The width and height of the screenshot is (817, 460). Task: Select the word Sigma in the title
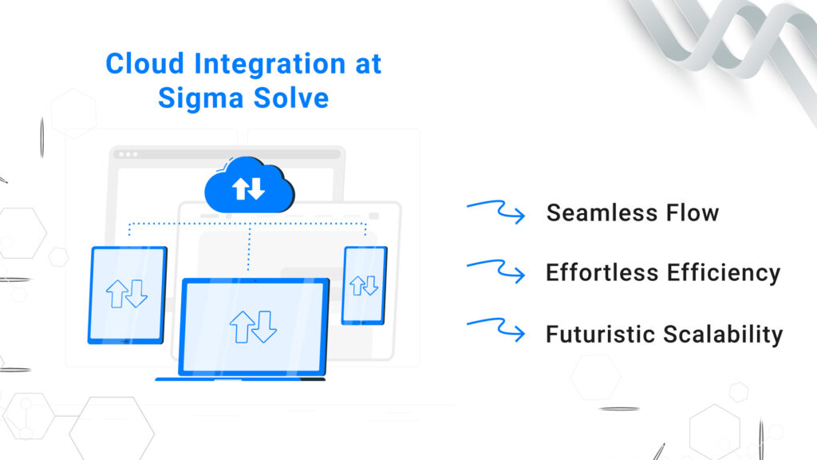195,97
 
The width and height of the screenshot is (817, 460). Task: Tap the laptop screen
253,326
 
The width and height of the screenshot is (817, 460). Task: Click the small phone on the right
364,284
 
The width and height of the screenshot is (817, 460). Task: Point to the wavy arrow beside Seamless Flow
495,212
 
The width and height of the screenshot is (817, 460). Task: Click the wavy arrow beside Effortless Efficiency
495,272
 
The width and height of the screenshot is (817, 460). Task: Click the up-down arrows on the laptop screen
253,327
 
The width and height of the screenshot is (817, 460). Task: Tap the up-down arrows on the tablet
127,293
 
